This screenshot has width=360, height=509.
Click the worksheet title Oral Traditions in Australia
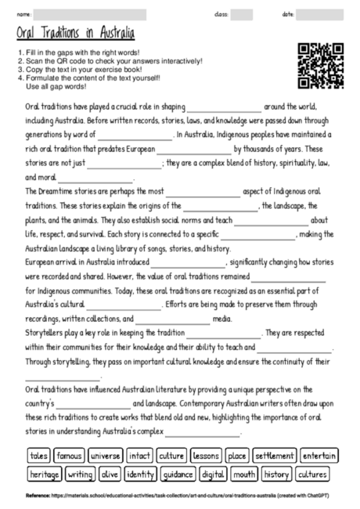coord(75,34)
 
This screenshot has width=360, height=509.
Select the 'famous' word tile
coord(69,455)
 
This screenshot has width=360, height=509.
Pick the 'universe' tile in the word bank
coord(104,455)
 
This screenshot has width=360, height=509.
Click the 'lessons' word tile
coord(206,455)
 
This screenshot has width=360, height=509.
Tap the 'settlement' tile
coord(273,455)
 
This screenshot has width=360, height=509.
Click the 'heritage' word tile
coord(44,474)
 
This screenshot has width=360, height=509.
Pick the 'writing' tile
coord(80,474)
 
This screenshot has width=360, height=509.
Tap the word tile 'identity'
coord(141,474)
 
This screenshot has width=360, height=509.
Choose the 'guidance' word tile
coord(178,474)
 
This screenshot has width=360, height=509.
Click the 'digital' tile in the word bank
coord(213,474)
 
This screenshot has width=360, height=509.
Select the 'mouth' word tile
coord(244,474)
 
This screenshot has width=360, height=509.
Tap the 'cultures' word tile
coord(312,474)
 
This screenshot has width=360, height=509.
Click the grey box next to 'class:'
coord(242,14)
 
